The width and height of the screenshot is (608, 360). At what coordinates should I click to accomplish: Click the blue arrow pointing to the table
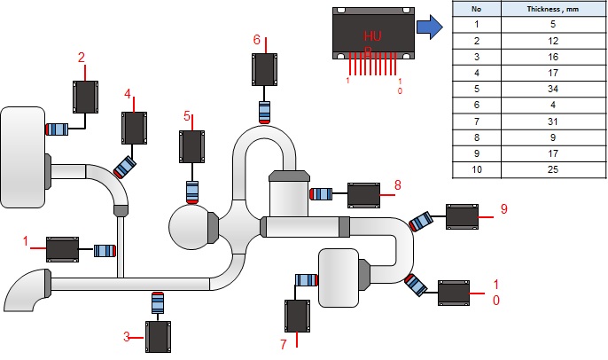tap(432, 28)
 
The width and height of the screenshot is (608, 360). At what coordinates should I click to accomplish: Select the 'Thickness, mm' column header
tap(551, 10)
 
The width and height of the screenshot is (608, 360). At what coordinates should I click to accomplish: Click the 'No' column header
tap(476, 10)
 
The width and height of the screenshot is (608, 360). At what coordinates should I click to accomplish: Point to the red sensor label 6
tap(257, 40)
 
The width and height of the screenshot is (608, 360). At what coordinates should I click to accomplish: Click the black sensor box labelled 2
tap(86, 97)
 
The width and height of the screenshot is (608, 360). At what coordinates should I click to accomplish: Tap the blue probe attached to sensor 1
tap(105, 251)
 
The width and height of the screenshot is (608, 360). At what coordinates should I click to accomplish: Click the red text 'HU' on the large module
tap(371, 35)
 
